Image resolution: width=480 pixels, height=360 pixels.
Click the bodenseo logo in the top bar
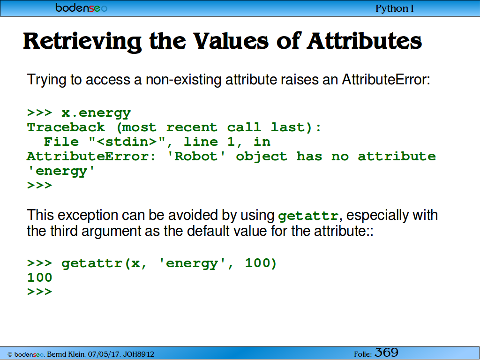click(x=81, y=7)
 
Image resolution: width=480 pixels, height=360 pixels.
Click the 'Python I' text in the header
click(x=395, y=8)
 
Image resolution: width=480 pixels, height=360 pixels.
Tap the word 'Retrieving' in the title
click(x=82, y=42)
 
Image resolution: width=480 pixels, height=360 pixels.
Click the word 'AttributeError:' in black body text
click(x=386, y=80)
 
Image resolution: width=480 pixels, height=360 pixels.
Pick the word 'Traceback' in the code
click(x=66, y=127)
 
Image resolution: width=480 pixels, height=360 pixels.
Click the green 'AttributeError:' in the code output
click(x=91, y=157)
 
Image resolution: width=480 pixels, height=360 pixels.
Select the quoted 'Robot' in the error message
click(x=196, y=157)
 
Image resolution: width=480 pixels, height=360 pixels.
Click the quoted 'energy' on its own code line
click(x=61, y=171)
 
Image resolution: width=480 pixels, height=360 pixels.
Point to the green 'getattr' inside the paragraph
click(x=308, y=216)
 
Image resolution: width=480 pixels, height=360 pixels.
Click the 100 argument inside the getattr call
click(x=261, y=263)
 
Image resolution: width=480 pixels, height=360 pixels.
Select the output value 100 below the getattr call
click(x=39, y=277)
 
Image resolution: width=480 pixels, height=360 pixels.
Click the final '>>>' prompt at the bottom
click(x=39, y=292)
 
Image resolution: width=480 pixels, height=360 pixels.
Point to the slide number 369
click(x=386, y=352)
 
